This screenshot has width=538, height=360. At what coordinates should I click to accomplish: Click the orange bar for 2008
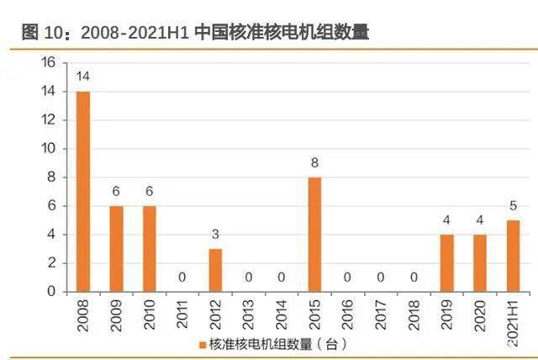click(x=83, y=191)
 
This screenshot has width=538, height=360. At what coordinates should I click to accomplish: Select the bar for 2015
click(x=314, y=234)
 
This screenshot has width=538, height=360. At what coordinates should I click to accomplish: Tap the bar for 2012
click(x=215, y=270)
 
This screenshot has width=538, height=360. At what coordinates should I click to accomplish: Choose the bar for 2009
click(x=116, y=248)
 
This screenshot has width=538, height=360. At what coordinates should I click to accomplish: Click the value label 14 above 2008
click(x=83, y=77)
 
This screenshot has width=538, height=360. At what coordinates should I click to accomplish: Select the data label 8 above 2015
click(x=314, y=163)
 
